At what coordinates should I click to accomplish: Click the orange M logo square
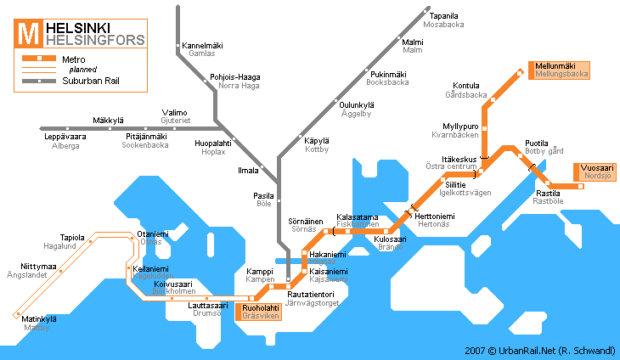click(x=28, y=34)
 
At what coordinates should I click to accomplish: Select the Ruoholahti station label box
click(x=258, y=311)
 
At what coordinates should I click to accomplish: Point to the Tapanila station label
click(x=443, y=15)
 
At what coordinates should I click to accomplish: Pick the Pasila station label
click(x=263, y=195)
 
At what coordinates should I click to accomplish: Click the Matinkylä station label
click(x=39, y=318)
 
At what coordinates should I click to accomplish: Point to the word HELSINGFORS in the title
click(x=94, y=40)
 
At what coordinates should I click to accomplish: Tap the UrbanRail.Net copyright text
click(x=538, y=350)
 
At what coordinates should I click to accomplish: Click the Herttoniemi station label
click(x=435, y=217)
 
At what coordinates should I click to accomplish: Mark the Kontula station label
click(x=466, y=86)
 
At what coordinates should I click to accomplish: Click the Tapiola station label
click(x=72, y=238)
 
